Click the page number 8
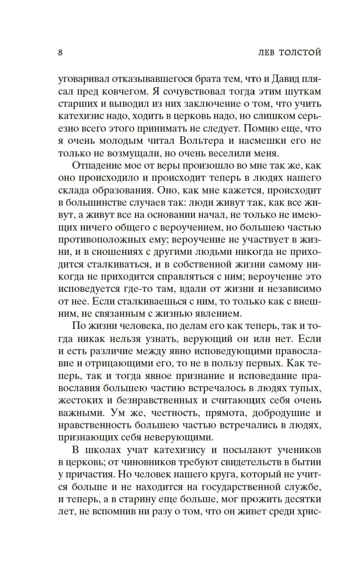pos(60,52)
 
